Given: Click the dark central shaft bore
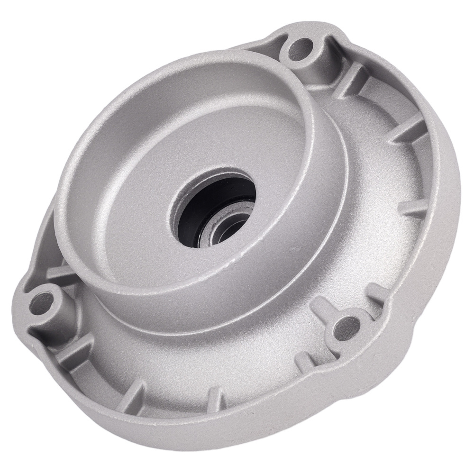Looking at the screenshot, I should [x=216, y=204].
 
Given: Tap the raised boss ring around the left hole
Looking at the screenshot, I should [x=52, y=289].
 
